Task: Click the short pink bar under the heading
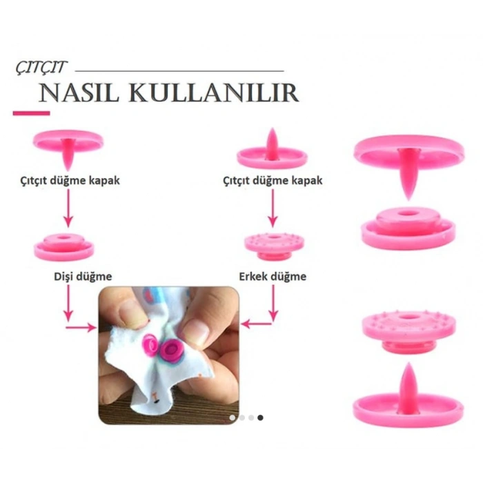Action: point(31,113)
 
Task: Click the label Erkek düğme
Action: point(273,277)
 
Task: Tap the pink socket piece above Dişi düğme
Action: point(63,246)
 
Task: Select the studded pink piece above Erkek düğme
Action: point(272,245)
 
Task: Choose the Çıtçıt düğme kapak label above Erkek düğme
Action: point(273,181)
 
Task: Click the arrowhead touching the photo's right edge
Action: point(246,322)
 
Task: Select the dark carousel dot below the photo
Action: point(260,417)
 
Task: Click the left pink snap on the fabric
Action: point(150,343)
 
